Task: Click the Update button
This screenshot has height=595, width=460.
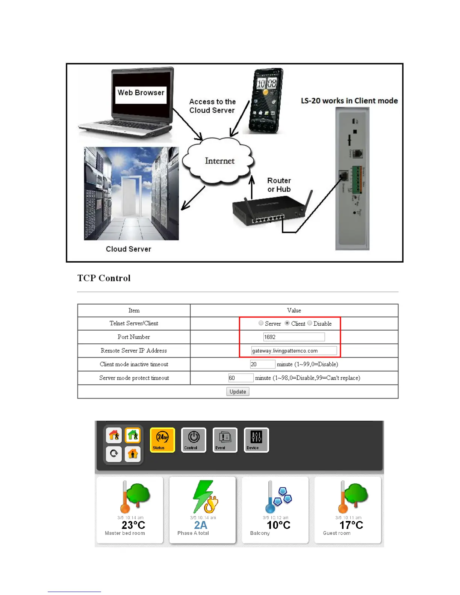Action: (x=238, y=391)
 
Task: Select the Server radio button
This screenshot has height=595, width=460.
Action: (x=261, y=323)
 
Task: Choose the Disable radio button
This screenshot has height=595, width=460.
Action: (x=310, y=323)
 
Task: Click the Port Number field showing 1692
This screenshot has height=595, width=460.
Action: (x=294, y=337)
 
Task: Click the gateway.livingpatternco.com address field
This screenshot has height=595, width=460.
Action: (x=294, y=351)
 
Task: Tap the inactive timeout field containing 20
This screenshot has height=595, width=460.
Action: (x=262, y=364)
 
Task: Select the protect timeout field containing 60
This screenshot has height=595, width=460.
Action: (x=241, y=378)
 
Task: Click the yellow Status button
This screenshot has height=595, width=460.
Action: (x=162, y=440)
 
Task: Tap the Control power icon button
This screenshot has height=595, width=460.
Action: (x=194, y=440)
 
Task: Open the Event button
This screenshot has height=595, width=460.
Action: (x=225, y=440)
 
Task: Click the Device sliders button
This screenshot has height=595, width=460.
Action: (x=256, y=440)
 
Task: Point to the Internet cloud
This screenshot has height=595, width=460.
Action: (x=219, y=161)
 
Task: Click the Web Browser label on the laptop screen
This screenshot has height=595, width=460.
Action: (x=141, y=93)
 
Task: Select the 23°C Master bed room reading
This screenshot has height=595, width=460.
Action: (x=133, y=525)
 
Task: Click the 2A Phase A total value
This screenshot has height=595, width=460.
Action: (x=201, y=525)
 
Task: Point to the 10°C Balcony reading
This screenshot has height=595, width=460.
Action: (x=278, y=525)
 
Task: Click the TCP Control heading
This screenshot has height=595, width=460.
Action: (x=104, y=278)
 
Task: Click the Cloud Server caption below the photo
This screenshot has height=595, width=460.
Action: (x=128, y=249)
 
